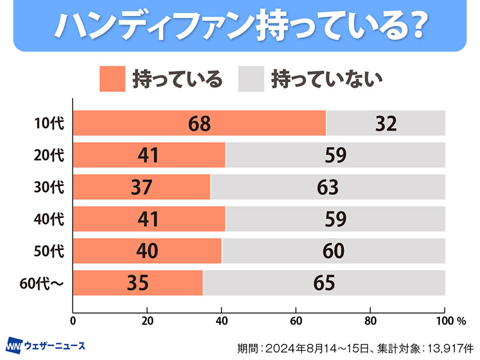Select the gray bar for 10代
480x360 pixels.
[385, 124]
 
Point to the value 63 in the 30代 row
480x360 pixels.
[328, 188]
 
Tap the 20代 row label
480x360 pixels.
[49, 155]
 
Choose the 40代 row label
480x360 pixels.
[49, 219]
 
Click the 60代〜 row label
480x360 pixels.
[43, 283]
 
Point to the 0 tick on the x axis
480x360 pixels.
[73, 320]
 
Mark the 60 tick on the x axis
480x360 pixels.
[296, 320]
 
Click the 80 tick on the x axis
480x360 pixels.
[370, 320]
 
